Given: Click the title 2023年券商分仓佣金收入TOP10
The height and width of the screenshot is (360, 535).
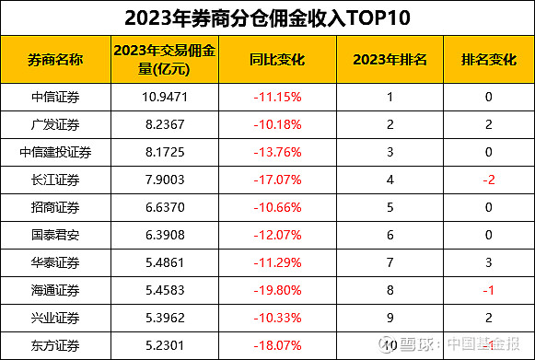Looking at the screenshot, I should click(x=267, y=17).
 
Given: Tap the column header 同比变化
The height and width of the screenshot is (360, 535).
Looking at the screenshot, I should click(x=277, y=60).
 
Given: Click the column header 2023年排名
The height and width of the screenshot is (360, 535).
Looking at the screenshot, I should click(x=390, y=60).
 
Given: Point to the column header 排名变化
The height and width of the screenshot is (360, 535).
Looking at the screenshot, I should click(x=489, y=60).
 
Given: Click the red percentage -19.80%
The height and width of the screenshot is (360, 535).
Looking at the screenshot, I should click(x=277, y=290).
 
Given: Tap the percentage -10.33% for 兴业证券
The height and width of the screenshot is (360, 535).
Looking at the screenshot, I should click(x=277, y=318).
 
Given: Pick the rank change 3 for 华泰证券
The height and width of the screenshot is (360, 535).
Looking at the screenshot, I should click(x=489, y=262).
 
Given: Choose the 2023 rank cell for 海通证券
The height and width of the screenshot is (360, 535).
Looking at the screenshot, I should click(x=390, y=290).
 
